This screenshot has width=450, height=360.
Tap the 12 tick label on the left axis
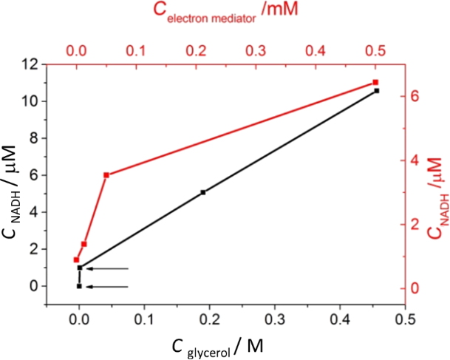(x=29, y=64)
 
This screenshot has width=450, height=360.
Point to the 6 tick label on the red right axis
(x=415, y=96)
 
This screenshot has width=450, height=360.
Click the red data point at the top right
(x=375, y=82)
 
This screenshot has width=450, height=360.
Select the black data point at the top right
(x=377, y=90)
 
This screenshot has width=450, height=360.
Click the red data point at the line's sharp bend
(x=106, y=174)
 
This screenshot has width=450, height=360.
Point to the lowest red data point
(x=76, y=259)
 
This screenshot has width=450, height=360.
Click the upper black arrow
(x=108, y=268)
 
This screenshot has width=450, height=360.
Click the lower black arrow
(x=108, y=286)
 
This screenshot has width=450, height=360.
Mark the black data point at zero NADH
(x=79, y=286)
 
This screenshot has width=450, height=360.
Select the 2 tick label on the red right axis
(x=415, y=224)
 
